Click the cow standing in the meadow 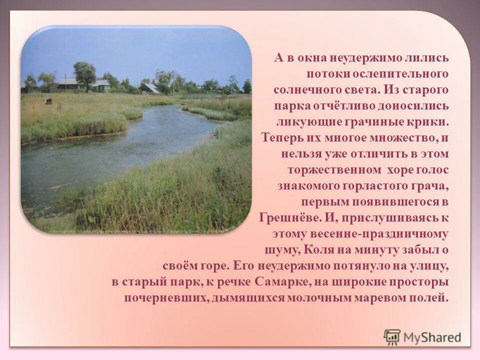coord(47,101)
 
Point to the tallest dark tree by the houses coord(84,75)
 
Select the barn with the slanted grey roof coord(149,88)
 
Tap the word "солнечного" coord(304,89)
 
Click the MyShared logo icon coord(392,337)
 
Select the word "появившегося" coord(382,201)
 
